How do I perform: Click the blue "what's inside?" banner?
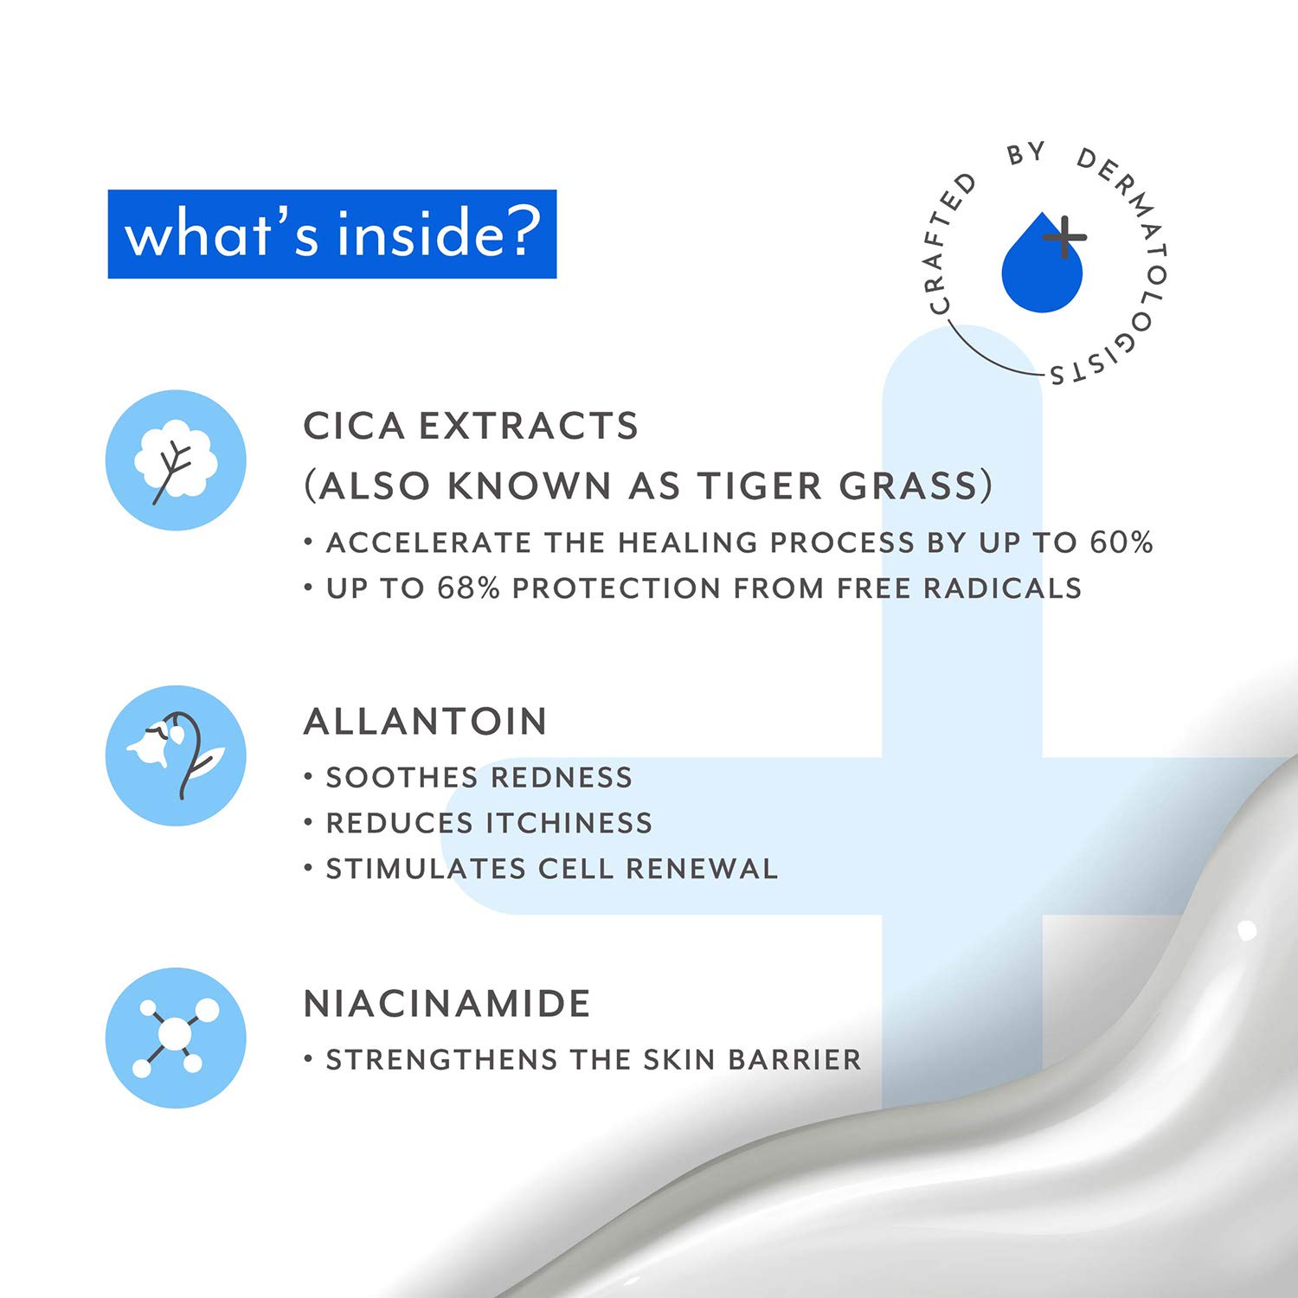tap(331, 234)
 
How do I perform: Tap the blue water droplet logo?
tap(1041, 262)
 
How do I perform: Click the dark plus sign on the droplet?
tap(1064, 236)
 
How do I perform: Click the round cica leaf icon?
tap(176, 459)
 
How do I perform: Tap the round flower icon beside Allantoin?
tap(176, 755)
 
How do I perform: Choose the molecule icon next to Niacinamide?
tap(176, 1038)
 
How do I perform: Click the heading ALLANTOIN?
tap(426, 722)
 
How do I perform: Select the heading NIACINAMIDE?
tap(447, 1004)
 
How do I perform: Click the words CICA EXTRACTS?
tap(471, 426)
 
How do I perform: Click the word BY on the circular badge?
tap(1026, 154)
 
